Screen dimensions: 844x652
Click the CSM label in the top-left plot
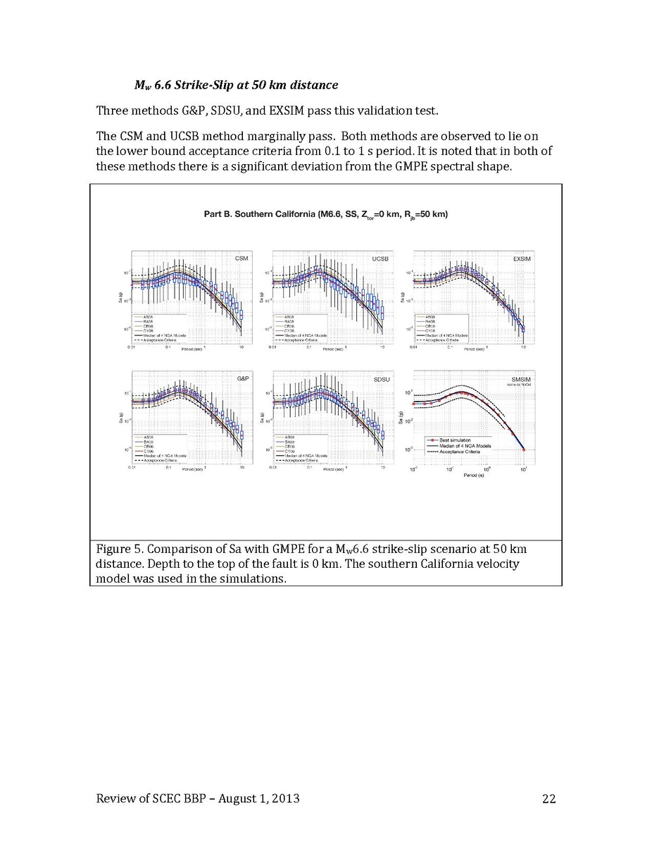[240, 259]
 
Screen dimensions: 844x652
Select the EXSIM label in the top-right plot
[522, 259]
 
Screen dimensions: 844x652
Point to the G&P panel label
[242, 379]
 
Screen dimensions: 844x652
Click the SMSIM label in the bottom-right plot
[520, 379]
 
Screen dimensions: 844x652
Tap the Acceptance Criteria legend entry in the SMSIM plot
[460, 452]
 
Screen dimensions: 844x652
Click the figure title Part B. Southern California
[325, 213]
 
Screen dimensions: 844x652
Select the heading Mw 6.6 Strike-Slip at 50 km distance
[237, 85]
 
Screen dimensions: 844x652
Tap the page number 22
[549, 798]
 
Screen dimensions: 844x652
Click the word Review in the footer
[115, 798]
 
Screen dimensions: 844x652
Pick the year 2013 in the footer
[285, 798]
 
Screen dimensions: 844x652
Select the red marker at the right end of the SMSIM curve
[524, 449]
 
